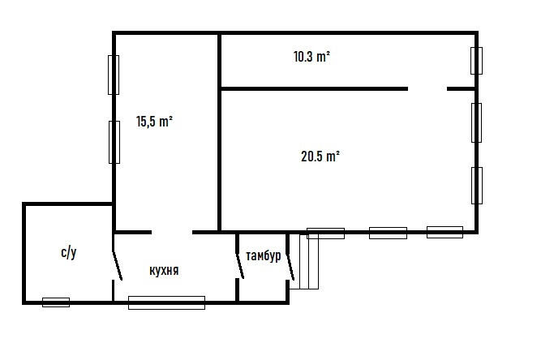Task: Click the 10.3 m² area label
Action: coord(311,57)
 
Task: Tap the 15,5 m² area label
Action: coord(154,122)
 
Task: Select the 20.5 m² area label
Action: coord(320,156)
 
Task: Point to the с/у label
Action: coord(69,253)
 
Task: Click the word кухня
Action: coord(164,271)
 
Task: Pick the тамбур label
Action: coord(264,255)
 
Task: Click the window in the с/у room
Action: coord(56,302)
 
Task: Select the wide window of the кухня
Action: coord(166,302)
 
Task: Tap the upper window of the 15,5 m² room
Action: coord(114,75)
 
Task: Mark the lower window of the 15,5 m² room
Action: coord(114,143)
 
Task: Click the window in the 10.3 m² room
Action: coord(476,61)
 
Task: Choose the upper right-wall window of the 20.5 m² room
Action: coord(476,123)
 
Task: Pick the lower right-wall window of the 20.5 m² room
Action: coord(477,186)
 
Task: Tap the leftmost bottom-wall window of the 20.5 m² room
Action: coord(325,234)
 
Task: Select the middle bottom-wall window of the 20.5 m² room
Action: coord(388,234)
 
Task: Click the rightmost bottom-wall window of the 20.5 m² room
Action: coord(444,232)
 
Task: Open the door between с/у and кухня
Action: coord(117,266)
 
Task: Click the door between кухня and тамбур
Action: coord(239,265)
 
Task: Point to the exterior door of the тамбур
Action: coord(290,267)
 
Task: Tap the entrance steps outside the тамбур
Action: coord(309,262)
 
